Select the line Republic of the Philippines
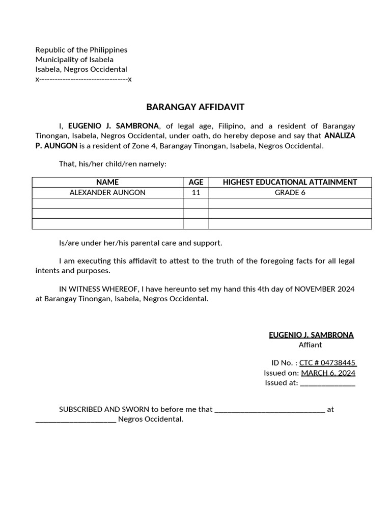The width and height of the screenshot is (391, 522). tap(81, 50)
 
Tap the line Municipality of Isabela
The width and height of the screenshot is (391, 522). tap(74, 60)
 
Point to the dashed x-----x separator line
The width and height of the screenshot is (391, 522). tap(83, 79)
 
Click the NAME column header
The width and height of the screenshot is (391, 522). tap(107, 182)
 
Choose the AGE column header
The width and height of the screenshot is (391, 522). tap(195, 182)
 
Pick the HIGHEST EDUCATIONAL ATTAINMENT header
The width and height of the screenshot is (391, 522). tap(290, 182)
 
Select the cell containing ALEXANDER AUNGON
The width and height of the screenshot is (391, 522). tap(107, 193)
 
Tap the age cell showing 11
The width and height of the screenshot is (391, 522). tap(195, 193)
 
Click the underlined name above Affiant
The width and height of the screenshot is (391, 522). tap(311, 335)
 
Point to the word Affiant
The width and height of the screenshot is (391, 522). tap(310, 345)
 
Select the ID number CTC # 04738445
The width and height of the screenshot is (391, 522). tap(327, 363)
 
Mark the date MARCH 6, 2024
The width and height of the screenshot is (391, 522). tap(328, 373)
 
